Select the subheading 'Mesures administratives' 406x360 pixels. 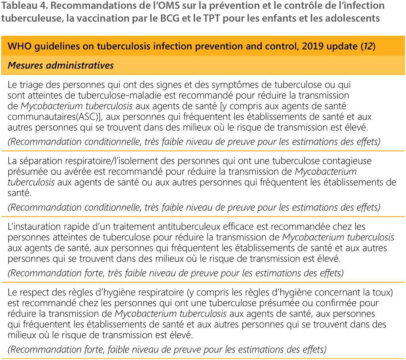(61, 65)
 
